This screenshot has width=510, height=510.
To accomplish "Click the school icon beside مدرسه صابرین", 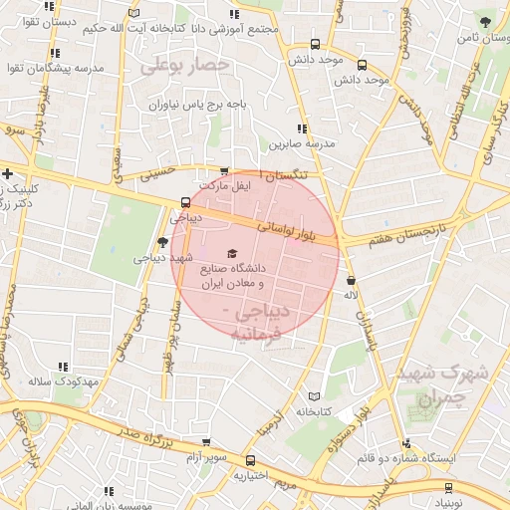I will click(x=300, y=128).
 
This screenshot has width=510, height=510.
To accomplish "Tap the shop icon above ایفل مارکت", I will click(x=223, y=171).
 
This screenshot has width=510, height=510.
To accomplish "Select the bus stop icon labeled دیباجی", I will click(x=185, y=202).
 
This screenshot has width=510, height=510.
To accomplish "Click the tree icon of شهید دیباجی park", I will click(x=163, y=242).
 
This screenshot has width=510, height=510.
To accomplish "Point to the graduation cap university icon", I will click(x=233, y=254).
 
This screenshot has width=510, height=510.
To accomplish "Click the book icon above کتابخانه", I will click(x=316, y=395).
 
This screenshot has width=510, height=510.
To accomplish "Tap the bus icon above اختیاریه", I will click(x=251, y=461).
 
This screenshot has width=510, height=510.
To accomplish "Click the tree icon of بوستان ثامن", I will click(x=485, y=20).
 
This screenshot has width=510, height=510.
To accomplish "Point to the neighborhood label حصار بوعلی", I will click(x=185, y=66).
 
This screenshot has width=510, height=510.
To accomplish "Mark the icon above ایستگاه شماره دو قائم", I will click(x=405, y=443).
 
